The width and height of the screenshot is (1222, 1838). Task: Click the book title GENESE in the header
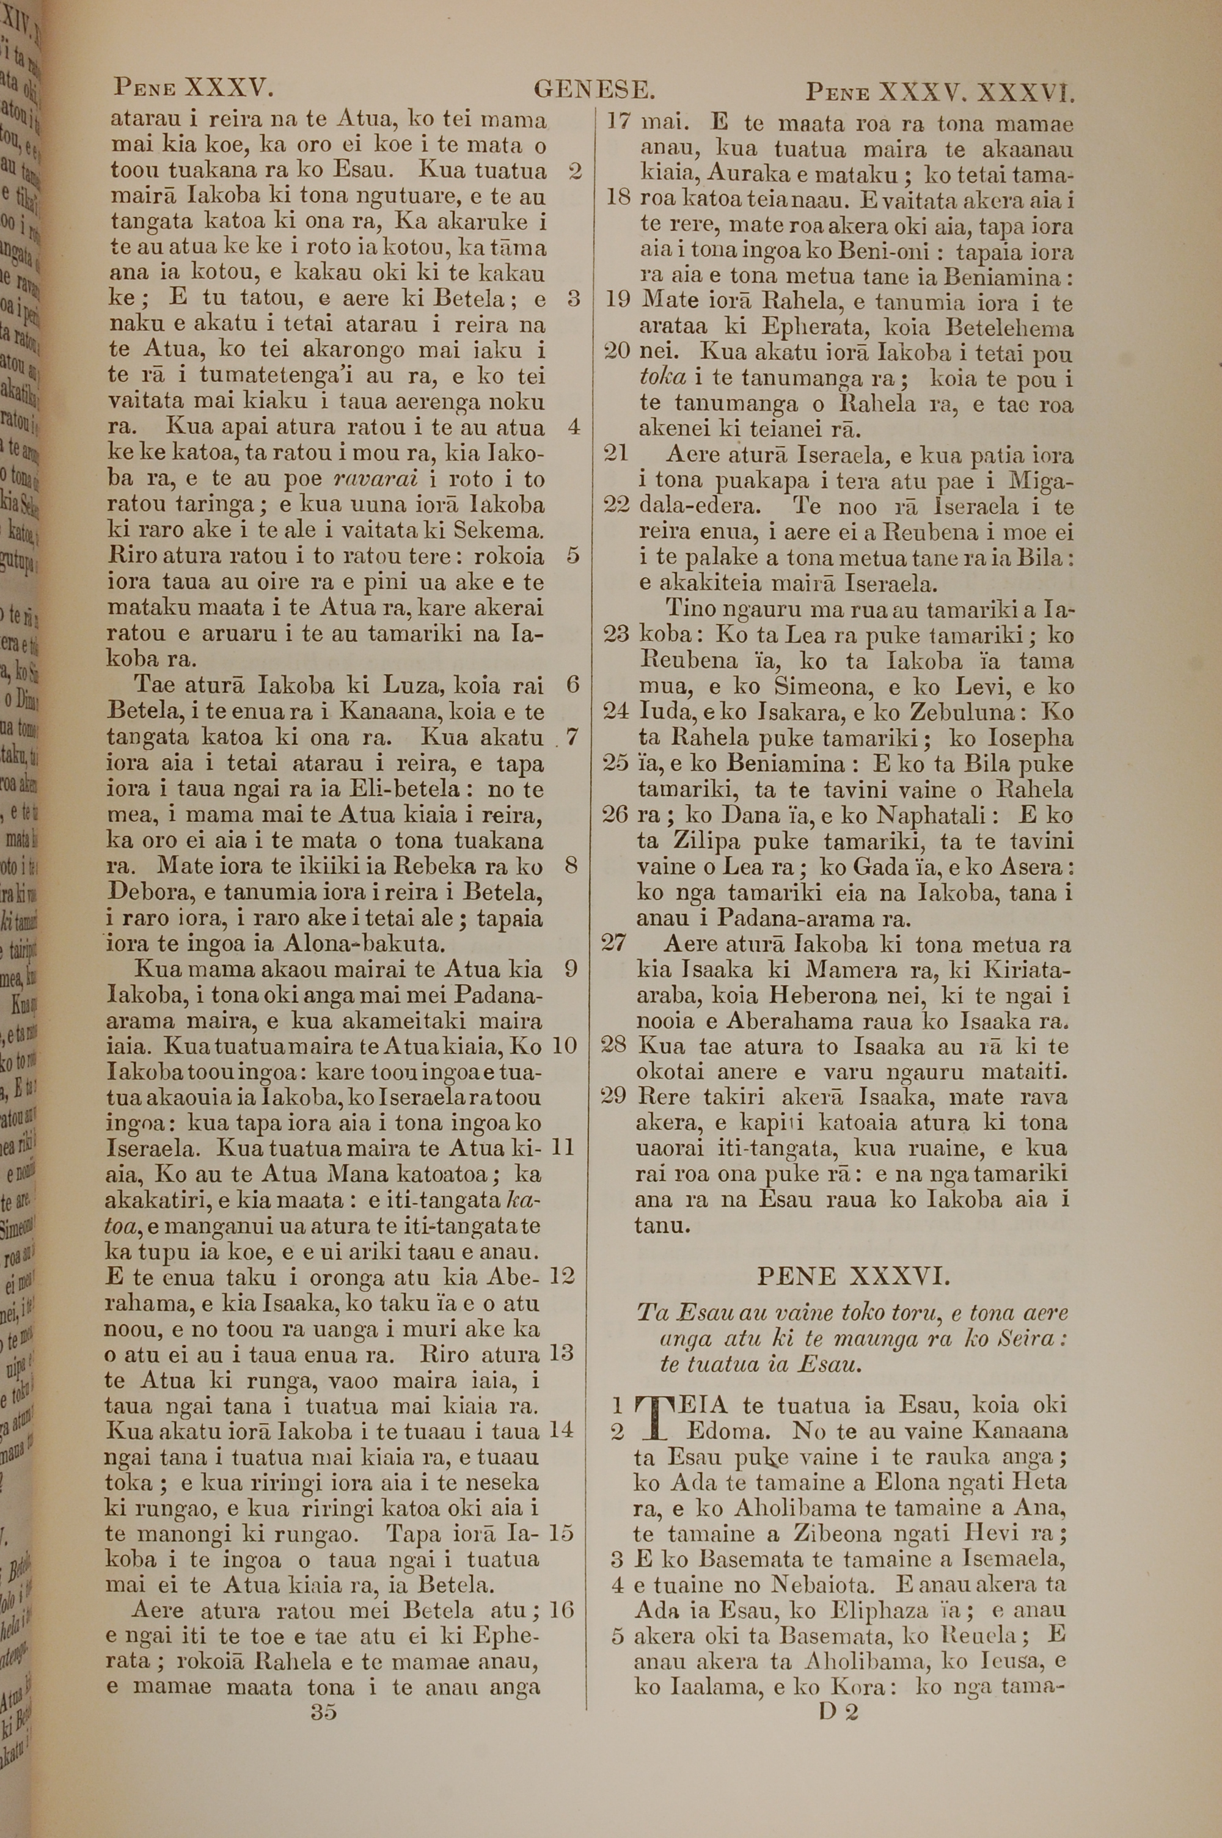coord(594,91)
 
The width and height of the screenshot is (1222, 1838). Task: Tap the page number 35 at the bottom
coord(323,1712)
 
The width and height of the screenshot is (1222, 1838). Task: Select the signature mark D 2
coord(838,1711)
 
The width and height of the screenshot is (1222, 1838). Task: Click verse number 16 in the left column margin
coord(561,1609)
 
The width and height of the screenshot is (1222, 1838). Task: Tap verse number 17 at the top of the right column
coord(617,123)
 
